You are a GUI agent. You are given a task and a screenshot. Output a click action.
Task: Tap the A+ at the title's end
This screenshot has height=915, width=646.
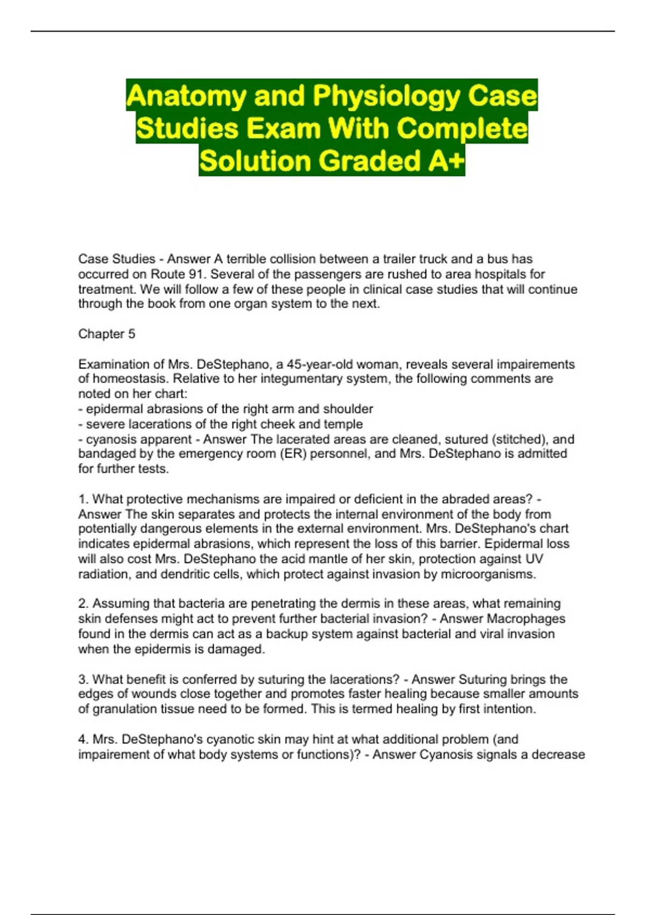[x=446, y=161]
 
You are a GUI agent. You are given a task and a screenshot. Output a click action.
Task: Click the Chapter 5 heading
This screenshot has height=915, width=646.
[x=107, y=334]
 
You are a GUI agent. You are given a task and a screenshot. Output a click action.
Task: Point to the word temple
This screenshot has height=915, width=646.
[x=343, y=424]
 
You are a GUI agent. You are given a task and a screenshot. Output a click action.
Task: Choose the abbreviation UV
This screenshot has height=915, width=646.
[x=533, y=559]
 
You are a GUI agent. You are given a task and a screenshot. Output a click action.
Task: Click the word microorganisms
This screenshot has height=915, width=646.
[x=488, y=574]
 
